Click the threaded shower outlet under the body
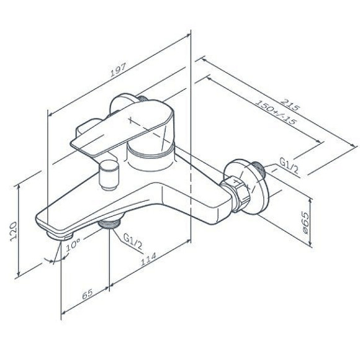point(111,223)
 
